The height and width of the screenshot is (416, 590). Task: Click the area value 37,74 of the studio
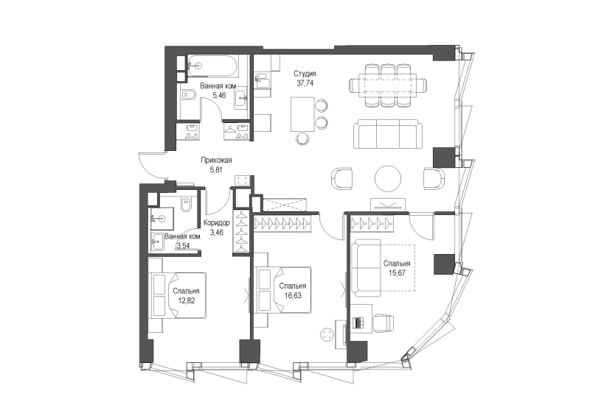pos(305,83)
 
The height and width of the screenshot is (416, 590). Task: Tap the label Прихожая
pos(216,160)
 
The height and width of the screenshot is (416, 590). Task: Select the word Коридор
pos(216,223)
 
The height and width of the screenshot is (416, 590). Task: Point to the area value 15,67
pos(397,273)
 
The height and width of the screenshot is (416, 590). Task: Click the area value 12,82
pos(187,300)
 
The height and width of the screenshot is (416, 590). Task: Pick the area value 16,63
pos(293,295)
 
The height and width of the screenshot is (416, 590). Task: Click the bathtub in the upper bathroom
pos(212,66)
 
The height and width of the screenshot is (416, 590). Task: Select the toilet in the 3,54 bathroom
pos(186,205)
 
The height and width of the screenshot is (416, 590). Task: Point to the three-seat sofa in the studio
pos(388,134)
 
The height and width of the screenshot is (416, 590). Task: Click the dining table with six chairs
pos(388,85)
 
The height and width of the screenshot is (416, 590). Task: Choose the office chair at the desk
pos(383,323)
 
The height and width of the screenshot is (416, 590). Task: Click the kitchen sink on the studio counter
pos(262,82)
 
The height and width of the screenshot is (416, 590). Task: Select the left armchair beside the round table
pos(342,179)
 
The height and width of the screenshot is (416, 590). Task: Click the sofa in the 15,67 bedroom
pos(366,267)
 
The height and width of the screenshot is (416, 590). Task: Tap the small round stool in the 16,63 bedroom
pos(327,334)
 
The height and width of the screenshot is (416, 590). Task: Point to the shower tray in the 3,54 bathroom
pos(162,219)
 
